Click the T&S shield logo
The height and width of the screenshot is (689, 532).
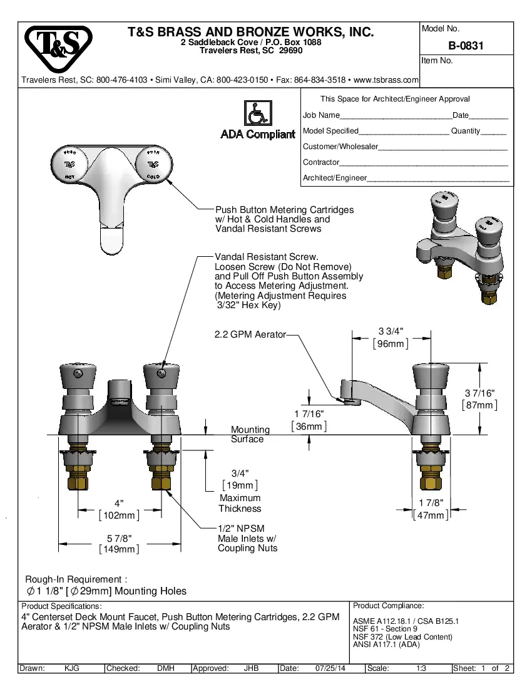click(x=58, y=49)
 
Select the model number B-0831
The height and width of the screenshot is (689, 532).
click(x=466, y=46)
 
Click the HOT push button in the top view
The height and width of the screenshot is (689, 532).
click(x=69, y=165)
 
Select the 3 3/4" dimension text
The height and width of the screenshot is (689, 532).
click(x=391, y=331)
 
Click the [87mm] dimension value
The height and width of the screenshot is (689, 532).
click(x=479, y=405)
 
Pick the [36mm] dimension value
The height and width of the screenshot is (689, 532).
click(x=309, y=427)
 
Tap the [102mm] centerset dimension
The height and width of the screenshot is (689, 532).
click(x=119, y=515)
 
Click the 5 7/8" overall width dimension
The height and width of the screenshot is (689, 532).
click(x=119, y=538)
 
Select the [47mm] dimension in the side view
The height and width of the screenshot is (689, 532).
click(x=431, y=515)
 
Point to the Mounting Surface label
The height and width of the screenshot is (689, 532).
click(x=250, y=435)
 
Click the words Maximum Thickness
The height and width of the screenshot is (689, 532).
click(x=240, y=504)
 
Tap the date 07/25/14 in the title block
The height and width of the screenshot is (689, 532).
click(x=330, y=668)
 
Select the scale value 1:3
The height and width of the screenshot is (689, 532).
click(x=421, y=668)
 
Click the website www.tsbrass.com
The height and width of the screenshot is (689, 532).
click(x=386, y=80)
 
